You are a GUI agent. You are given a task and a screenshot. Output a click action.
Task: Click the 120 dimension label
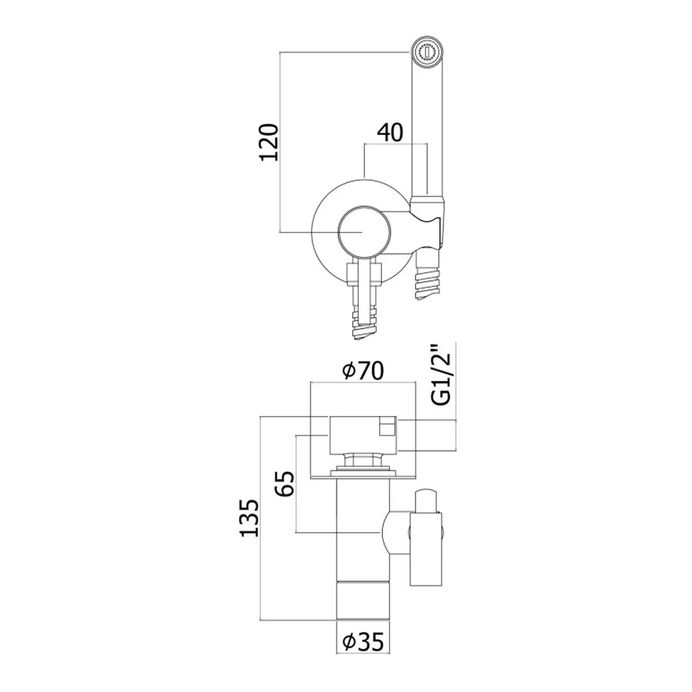pyautogui.click(x=269, y=142)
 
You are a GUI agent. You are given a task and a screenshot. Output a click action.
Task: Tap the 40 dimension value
pyautogui.click(x=390, y=132)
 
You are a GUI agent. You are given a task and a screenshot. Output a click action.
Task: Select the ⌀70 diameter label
pyautogui.click(x=363, y=371)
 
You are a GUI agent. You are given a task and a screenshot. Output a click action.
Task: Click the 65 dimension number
pyautogui.click(x=286, y=483)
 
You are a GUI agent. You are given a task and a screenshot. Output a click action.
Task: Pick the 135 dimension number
pyautogui.click(x=249, y=518)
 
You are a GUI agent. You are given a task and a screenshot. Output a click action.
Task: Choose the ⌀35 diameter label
pyautogui.click(x=363, y=642)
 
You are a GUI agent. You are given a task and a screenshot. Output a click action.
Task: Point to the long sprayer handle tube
pyautogui.click(x=426, y=128)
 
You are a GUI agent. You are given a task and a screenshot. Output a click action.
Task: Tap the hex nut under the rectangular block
pyautogui.click(x=363, y=459)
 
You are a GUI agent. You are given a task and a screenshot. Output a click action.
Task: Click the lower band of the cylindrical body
pyautogui.click(x=363, y=601)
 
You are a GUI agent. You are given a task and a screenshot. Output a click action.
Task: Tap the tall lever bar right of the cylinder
pyautogui.click(x=426, y=549)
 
